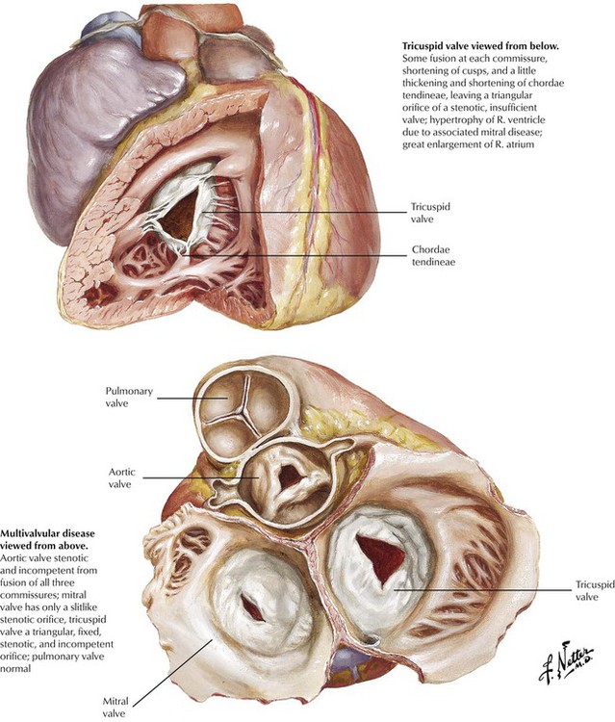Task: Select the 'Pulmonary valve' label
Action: [x=132, y=397]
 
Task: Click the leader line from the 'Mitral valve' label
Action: [x=173, y=669]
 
